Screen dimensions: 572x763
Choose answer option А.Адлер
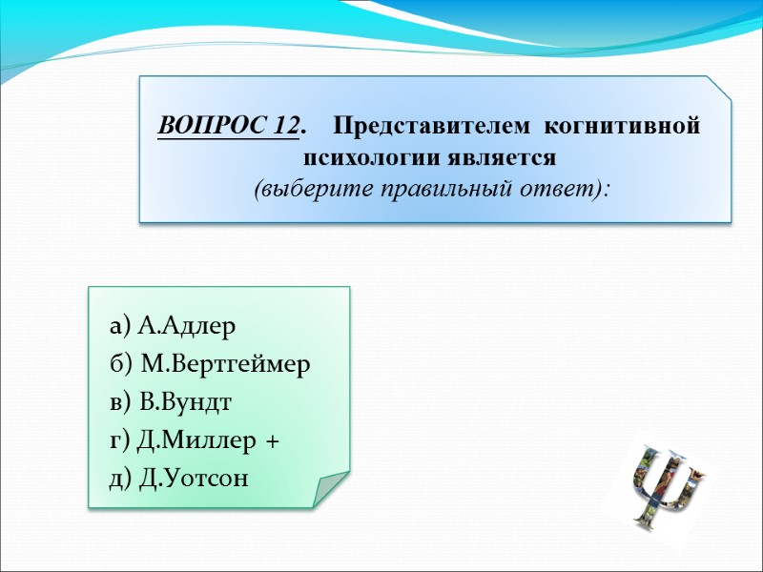[186, 327]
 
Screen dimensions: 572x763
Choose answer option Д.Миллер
[197, 439]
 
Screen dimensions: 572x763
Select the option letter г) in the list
[120, 439]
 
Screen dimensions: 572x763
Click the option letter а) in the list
[120, 327]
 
